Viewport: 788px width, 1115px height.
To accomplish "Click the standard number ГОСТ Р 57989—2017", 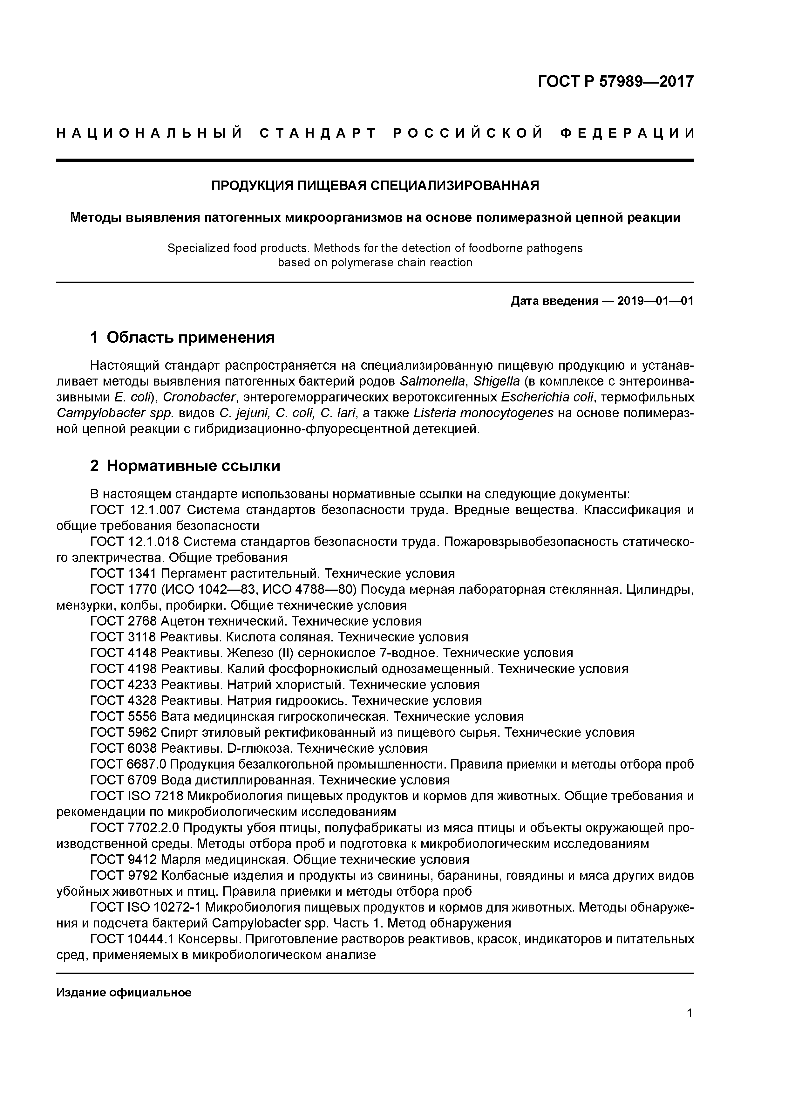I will [616, 81].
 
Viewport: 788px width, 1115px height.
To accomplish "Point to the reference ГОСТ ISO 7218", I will [137, 796].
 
